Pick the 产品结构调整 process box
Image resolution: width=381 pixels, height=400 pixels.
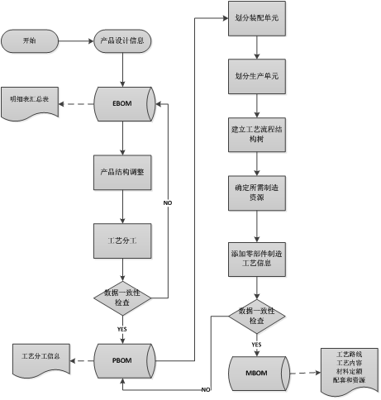pos(122,172)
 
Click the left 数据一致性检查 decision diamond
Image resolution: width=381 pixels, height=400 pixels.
pos(123,298)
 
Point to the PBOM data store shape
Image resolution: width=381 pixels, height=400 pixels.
pos(123,360)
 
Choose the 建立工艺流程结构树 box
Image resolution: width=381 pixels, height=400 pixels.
pos(257,134)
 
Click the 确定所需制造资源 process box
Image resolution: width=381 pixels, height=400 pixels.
pos(257,192)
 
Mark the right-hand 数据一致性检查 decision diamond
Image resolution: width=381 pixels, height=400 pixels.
pos(257,315)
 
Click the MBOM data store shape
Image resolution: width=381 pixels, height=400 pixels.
pos(257,370)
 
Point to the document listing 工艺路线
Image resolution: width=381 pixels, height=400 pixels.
pos(348,369)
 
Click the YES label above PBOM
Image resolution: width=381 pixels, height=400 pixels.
pos(122,329)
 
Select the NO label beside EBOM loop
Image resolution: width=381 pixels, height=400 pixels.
pos(168,202)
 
